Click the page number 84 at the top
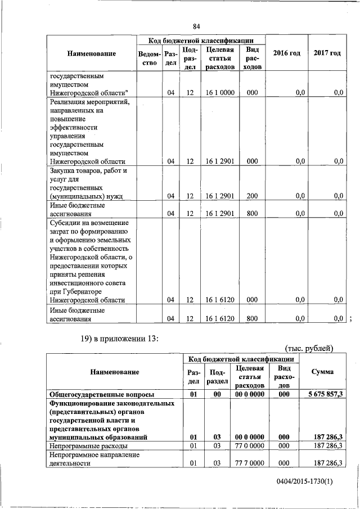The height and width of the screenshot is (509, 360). pyautogui.click(x=196, y=26)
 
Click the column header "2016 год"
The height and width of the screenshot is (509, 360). pyautogui.click(x=286, y=53)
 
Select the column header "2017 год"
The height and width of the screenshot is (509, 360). pyautogui.click(x=327, y=53)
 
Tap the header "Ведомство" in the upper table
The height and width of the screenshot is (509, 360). pyautogui.click(x=149, y=58)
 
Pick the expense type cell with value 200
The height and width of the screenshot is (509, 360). pyautogui.click(x=252, y=196)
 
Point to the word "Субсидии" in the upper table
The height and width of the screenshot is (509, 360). pyautogui.click(x=65, y=223)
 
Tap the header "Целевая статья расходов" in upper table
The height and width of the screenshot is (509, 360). pyautogui.click(x=220, y=58)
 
